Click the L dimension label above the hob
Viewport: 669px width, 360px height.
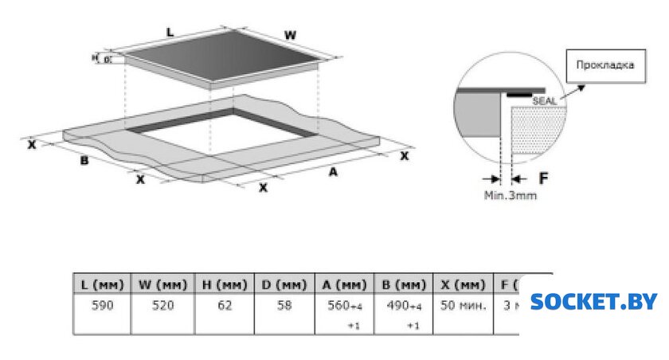coord(170,32)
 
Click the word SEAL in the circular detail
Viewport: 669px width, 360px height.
coord(544,101)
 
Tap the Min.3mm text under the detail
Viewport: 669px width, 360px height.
coord(510,195)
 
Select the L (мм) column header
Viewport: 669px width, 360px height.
coord(102,284)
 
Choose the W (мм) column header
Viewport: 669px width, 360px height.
coord(162,284)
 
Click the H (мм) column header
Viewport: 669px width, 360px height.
coord(224,284)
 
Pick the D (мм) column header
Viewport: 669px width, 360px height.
coord(284,284)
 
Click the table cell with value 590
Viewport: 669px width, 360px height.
coord(102,305)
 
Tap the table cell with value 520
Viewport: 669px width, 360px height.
coord(162,305)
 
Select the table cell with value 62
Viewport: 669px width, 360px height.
coord(224,305)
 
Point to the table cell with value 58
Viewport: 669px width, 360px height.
coord(284,305)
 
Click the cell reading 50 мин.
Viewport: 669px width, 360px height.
coord(463,305)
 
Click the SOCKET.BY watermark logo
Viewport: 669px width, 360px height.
coord(594,301)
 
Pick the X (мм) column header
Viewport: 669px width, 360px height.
coord(463,284)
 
